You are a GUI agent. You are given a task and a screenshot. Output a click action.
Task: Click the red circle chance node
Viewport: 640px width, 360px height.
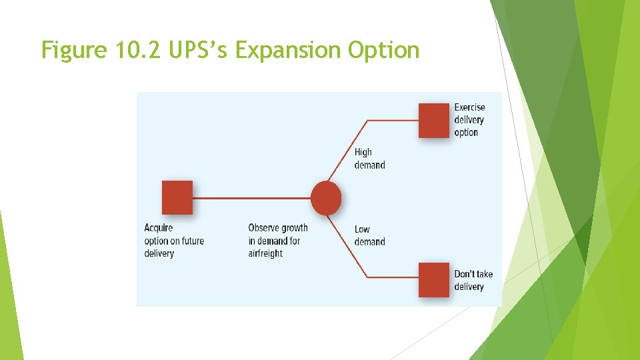326,198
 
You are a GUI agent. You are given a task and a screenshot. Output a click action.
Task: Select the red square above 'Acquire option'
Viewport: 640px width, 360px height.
177,197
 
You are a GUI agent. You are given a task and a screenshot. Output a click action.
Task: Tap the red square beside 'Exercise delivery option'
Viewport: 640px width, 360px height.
434,121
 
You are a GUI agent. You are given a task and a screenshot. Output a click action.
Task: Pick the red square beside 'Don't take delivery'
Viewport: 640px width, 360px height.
434,280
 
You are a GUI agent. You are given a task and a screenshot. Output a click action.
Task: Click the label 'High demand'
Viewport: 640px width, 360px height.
369,159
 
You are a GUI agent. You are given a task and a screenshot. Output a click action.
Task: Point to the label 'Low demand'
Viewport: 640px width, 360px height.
369,235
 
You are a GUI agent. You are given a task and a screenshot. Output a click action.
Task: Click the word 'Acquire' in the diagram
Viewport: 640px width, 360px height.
159,228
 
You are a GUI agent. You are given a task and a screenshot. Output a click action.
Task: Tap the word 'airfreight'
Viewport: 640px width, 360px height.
265,253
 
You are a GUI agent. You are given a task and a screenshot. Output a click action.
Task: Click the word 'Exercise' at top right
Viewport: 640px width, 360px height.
469,107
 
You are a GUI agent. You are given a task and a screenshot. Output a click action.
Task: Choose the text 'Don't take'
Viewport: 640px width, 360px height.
473,274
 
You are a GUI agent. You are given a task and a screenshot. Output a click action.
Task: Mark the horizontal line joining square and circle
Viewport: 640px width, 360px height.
252,198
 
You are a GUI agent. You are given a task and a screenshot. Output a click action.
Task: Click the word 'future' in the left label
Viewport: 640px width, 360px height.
191,241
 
